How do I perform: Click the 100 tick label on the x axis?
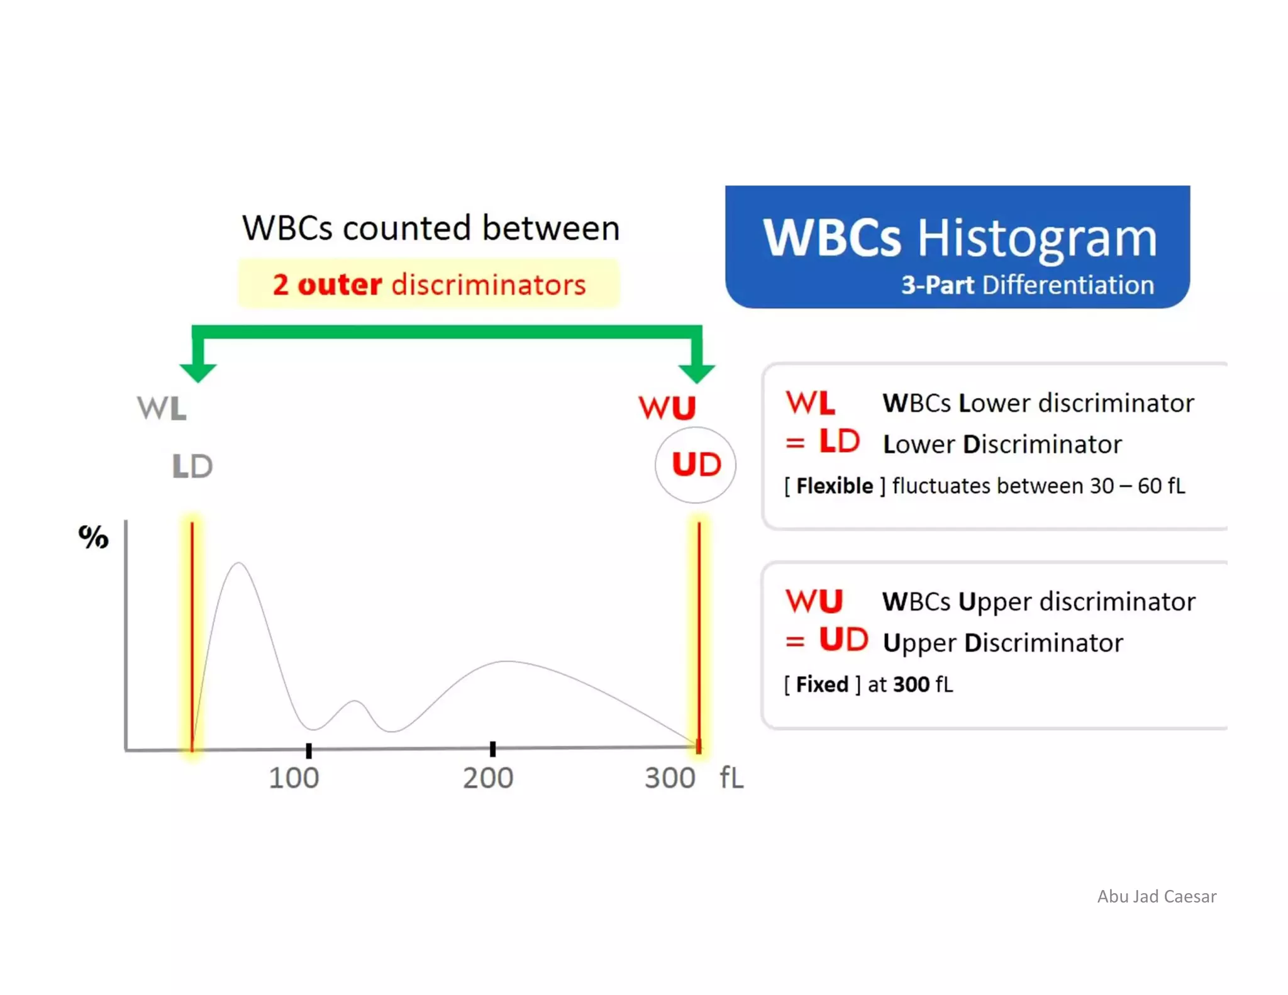pos(294,778)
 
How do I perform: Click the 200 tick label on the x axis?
pos(488,778)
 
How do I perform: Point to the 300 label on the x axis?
pos(670,778)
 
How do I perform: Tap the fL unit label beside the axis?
pos(731,778)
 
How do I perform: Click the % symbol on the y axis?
pos(93,537)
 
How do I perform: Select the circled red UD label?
pos(696,465)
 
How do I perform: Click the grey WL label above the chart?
pos(162,408)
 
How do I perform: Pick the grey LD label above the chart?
pos(192,467)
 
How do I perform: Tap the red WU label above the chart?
pos(667,408)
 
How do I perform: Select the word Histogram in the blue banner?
pos(1037,238)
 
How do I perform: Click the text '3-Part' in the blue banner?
pos(937,285)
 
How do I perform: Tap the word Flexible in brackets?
pos(835,486)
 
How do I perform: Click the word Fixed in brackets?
pos(822,684)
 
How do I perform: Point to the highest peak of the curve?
pos(239,564)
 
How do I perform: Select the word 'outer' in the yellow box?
pos(340,284)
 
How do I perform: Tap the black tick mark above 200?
pos(493,748)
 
